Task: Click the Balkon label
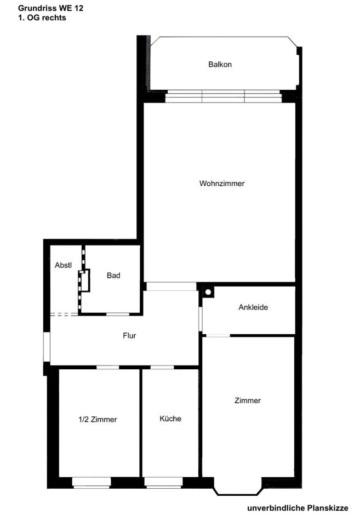coord(220,65)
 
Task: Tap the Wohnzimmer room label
coord(222,184)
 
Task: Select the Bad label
coord(113,276)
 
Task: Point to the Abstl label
coord(64,265)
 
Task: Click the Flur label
coord(129,336)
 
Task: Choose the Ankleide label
coord(253,307)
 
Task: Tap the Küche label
coord(170,419)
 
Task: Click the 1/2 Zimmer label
coord(98,420)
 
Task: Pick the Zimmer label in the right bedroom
coord(248,401)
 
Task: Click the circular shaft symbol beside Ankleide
coord(208,292)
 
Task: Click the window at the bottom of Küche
coord(163,482)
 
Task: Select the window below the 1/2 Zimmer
coord(92,482)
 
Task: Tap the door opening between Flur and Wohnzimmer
coord(171,286)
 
